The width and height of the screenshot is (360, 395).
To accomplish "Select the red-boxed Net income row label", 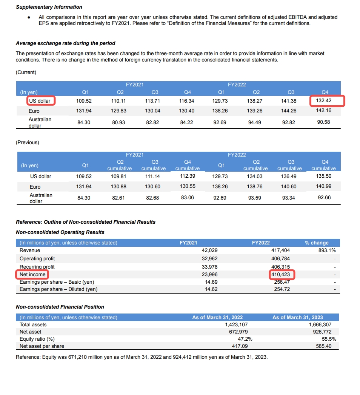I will (x=32, y=274).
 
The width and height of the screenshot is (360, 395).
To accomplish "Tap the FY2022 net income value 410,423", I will (x=283, y=274).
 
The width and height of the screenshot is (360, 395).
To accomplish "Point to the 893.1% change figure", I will (x=327, y=250).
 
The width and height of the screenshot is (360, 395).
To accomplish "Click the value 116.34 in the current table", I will (x=187, y=101).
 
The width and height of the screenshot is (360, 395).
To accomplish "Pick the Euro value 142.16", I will (x=323, y=111).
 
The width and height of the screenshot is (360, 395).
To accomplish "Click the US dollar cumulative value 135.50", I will (x=323, y=176).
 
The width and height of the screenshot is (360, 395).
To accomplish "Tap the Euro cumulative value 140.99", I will (x=323, y=186).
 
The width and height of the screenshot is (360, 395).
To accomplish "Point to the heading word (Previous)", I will (x=27, y=142).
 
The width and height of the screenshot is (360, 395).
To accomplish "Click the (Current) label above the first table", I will (x=26, y=72).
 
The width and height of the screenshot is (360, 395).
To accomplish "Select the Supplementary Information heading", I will (x=49, y=7).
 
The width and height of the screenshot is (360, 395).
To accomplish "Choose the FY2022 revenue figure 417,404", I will (x=280, y=250).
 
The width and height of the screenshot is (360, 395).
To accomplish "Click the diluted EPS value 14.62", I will (x=211, y=289).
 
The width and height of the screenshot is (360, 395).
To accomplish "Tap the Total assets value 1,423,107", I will (x=236, y=324).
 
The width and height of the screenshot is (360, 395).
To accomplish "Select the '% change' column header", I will (x=317, y=243).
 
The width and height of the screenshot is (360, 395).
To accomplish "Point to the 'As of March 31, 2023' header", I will (x=298, y=317).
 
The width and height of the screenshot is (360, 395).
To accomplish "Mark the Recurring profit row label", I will (x=37, y=267).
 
